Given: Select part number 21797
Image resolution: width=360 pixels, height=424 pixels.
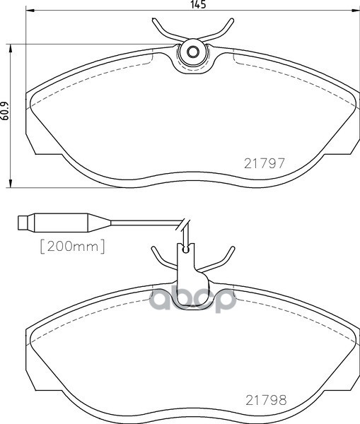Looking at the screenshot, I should [264, 162].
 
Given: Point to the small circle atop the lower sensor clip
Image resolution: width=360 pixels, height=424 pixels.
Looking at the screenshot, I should [187, 248].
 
